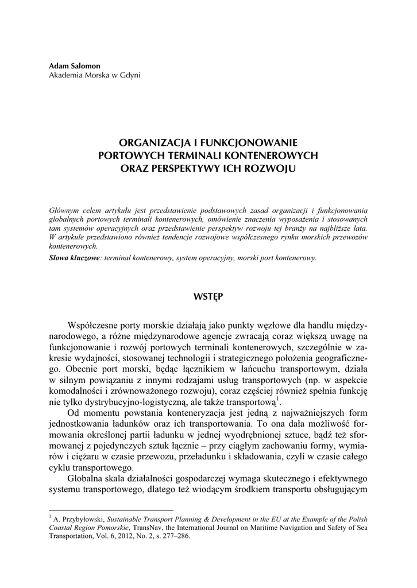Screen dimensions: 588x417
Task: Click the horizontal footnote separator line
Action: click(x=111, y=510)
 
